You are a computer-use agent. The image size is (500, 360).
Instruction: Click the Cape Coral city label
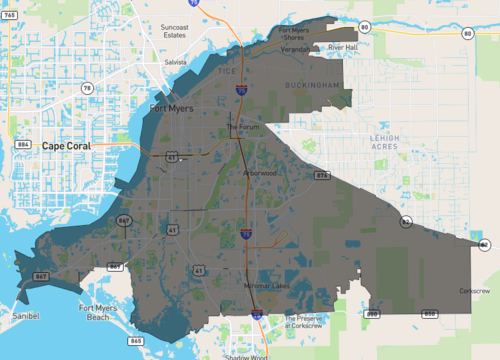(x=72, y=146)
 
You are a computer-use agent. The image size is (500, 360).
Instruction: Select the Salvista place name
(x=176, y=62)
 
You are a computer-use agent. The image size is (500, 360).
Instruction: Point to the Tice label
(x=229, y=71)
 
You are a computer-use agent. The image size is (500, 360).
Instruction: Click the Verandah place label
(x=296, y=47)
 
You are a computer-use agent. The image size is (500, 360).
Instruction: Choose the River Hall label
(x=343, y=47)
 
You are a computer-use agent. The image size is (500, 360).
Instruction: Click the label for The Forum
(x=242, y=127)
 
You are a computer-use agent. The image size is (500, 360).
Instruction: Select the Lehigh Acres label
(x=384, y=142)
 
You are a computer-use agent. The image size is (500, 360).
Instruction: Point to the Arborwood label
(x=260, y=172)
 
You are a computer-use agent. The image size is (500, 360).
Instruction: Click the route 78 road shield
(x=87, y=89)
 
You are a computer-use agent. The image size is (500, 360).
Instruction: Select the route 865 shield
(x=136, y=341)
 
